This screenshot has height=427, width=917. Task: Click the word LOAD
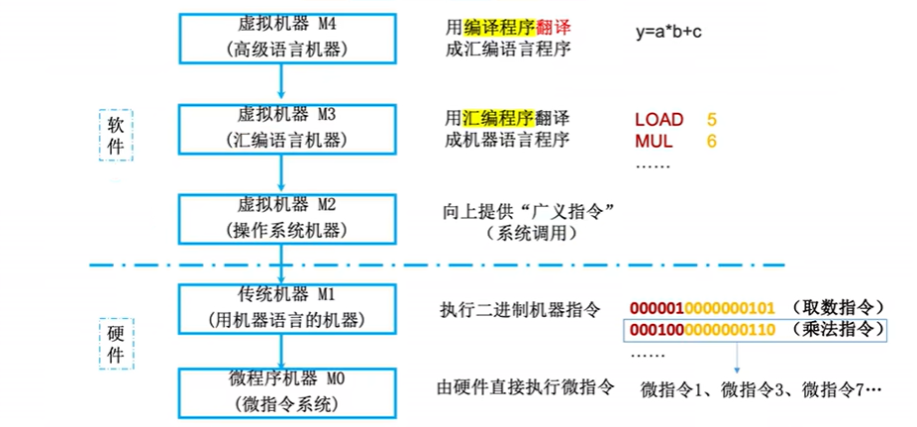pyautogui.click(x=659, y=120)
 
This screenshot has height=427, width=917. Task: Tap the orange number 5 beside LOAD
pyautogui.click(x=711, y=120)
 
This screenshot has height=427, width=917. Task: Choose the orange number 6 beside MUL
pyautogui.click(x=711, y=142)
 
